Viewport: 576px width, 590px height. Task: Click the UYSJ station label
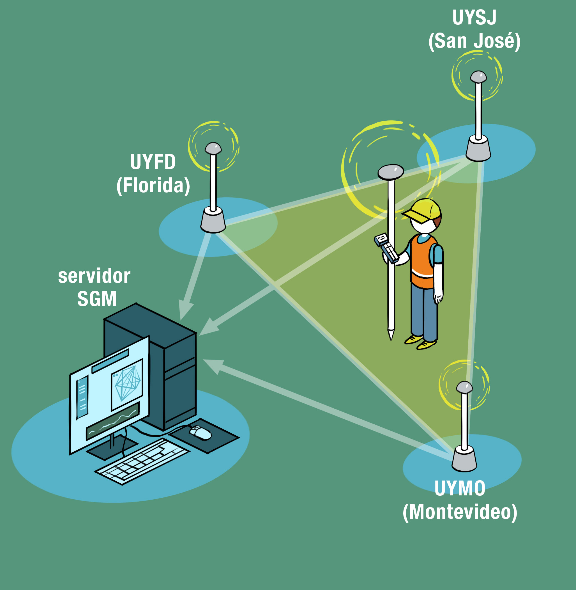point(474,18)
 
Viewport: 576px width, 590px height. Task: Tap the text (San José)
point(474,41)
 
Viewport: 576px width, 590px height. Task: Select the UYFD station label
point(153,162)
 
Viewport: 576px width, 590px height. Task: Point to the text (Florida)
point(153,185)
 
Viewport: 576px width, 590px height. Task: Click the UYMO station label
point(460,488)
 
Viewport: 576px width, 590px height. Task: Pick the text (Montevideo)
point(460,512)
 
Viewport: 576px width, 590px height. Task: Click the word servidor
point(94,276)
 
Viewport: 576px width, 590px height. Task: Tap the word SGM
point(97,299)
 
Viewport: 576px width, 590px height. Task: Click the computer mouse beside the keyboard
point(200,432)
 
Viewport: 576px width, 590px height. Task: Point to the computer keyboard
point(142,461)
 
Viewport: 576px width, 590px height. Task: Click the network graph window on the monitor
point(127,385)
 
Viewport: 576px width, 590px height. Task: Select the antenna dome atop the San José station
point(478,77)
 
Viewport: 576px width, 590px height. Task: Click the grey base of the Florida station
point(213,220)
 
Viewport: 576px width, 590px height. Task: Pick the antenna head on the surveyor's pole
point(391,172)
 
